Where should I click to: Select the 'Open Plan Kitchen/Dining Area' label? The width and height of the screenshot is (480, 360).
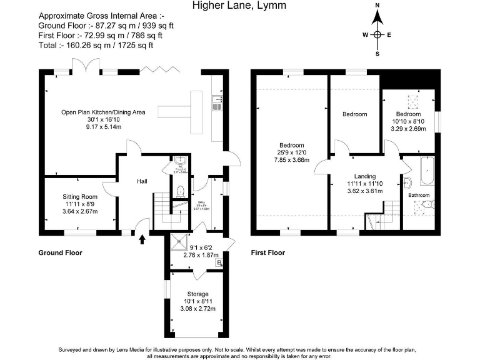click(103, 112)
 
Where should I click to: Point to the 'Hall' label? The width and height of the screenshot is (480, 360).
click(142, 182)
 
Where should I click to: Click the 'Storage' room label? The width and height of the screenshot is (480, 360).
click(197, 294)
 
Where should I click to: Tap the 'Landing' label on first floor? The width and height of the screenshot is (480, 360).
click(364, 176)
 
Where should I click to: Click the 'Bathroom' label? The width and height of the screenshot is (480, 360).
click(419, 195)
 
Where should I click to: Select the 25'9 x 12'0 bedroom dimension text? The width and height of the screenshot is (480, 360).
click(292, 152)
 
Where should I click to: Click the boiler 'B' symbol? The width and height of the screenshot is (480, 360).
click(218, 263)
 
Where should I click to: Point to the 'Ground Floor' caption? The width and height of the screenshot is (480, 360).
click(61, 253)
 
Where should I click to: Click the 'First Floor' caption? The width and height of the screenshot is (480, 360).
click(267, 253)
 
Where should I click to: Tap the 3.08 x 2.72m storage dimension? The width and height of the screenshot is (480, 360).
click(197, 309)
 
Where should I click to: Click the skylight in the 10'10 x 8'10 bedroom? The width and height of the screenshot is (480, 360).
click(413, 99)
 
